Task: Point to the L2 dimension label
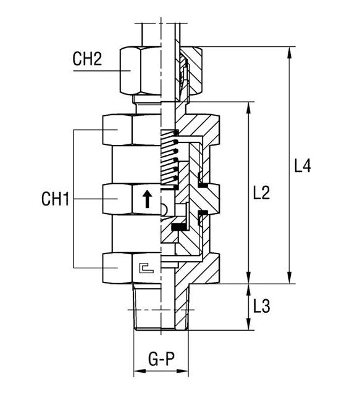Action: [261, 193]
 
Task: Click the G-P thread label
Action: [161, 359]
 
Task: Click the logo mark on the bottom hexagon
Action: [146, 268]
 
